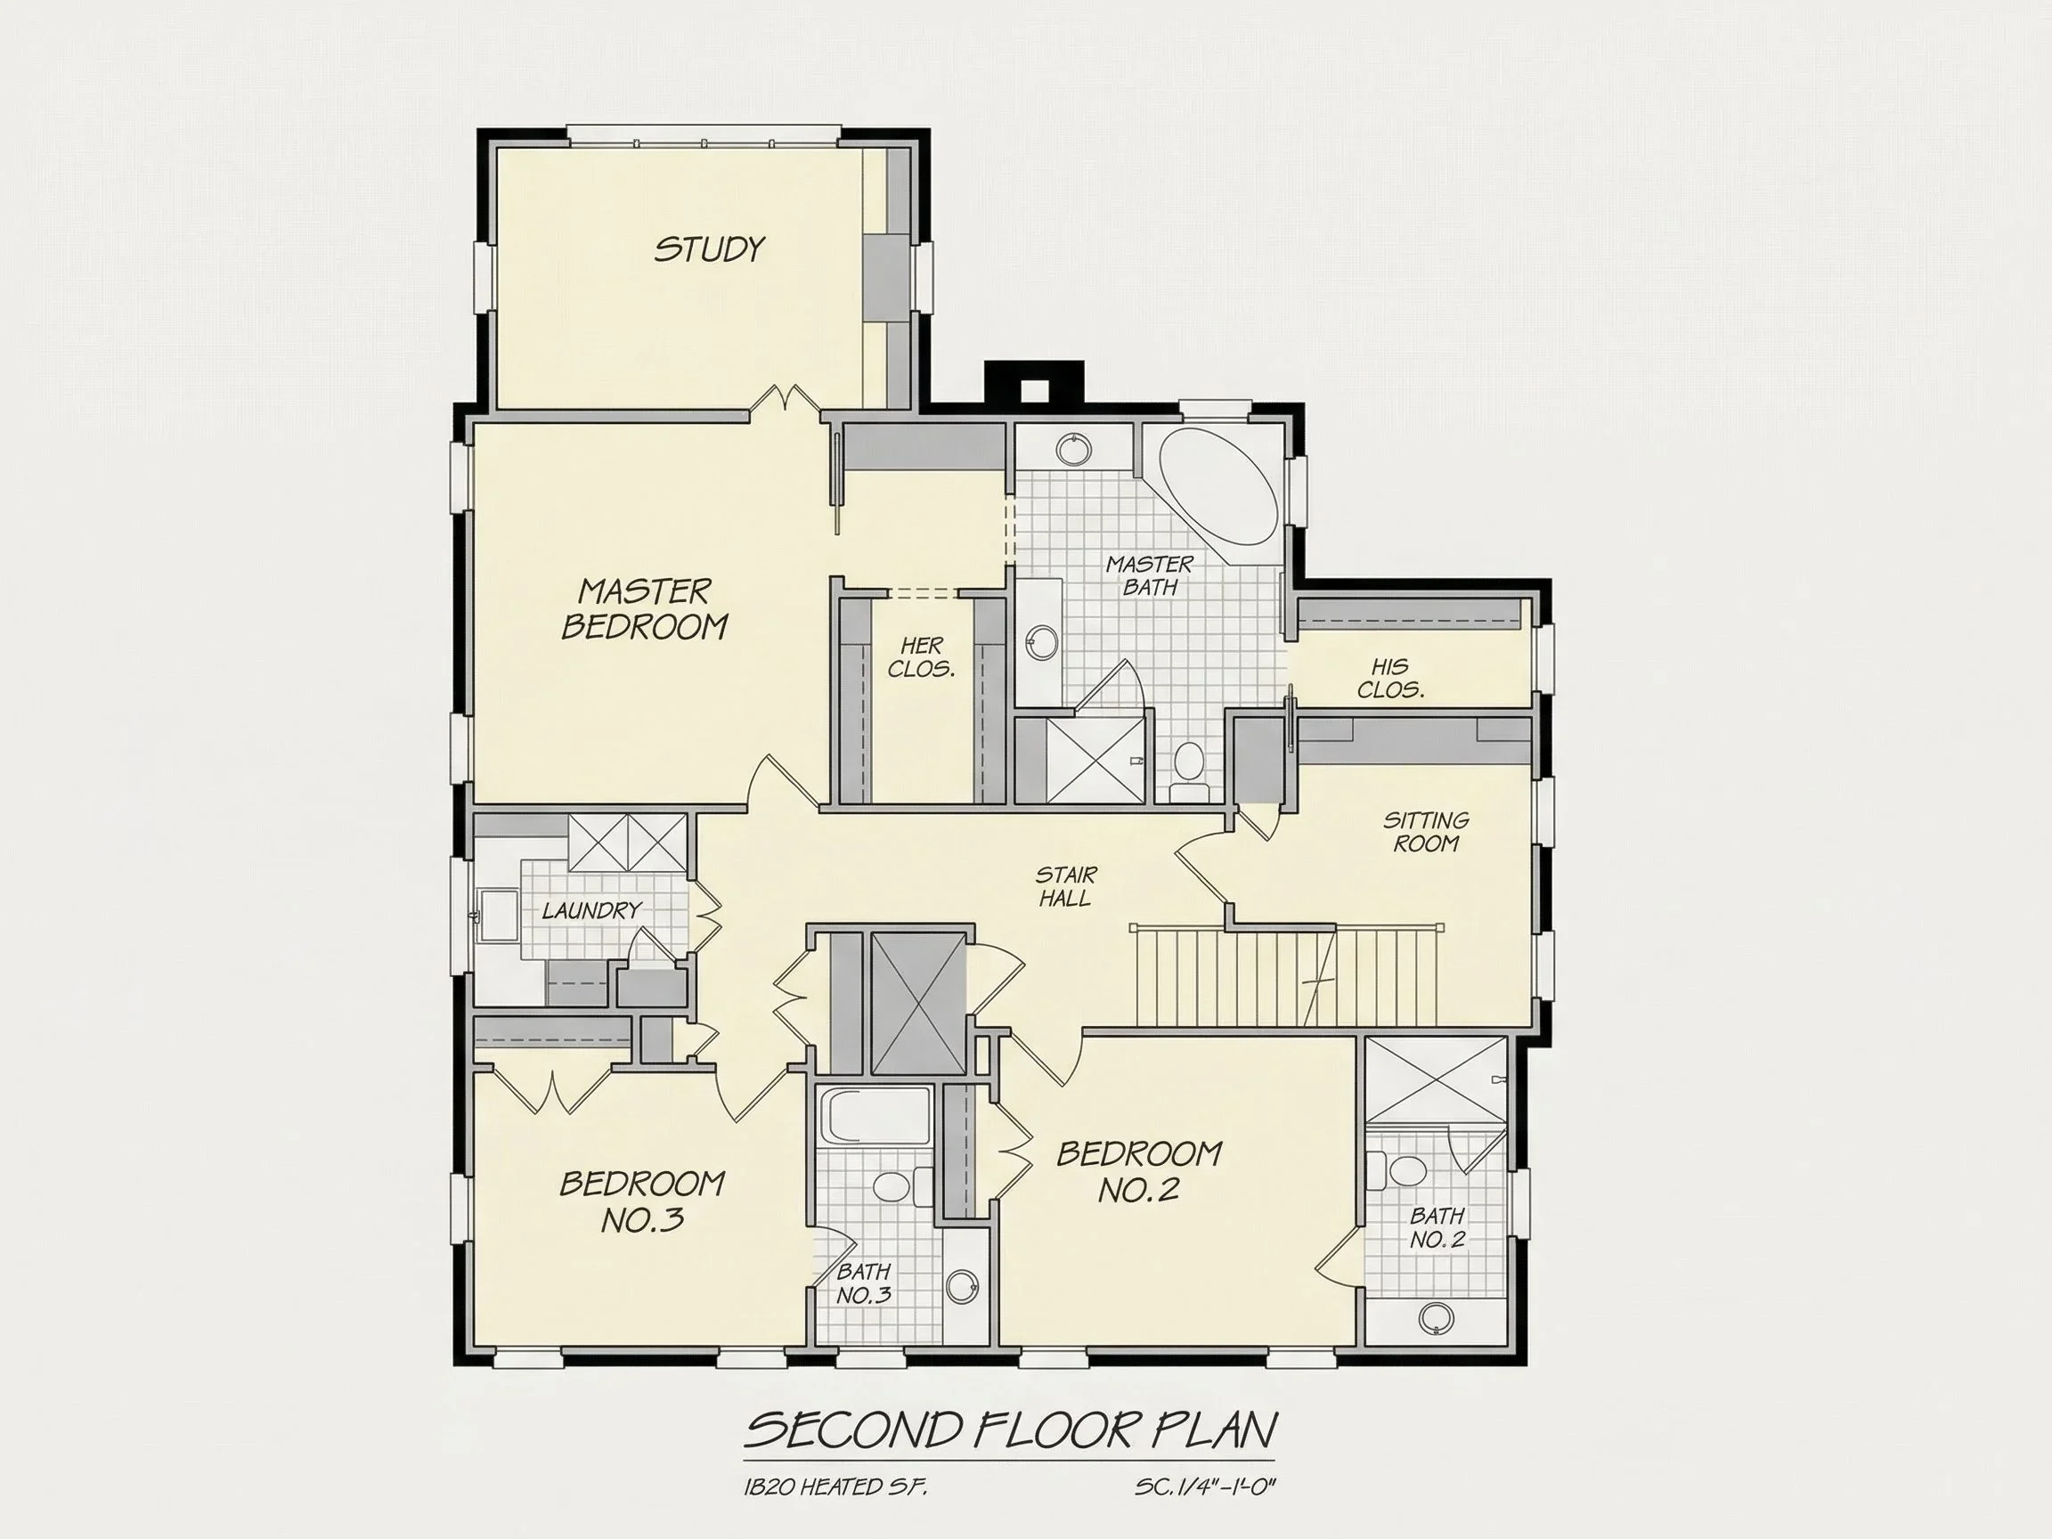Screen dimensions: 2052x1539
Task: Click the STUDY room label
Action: (x=710, y=248)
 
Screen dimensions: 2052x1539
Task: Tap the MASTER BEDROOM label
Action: (x=645, y=608)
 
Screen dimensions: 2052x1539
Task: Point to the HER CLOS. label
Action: (x=921, y=656)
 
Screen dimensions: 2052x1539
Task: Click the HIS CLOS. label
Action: (x=1390, y=678)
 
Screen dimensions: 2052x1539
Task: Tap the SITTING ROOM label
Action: (x=1426, y=831)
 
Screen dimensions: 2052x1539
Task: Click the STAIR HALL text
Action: (x=1066, y=886)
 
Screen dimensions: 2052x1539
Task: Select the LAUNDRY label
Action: (x=592, y=911)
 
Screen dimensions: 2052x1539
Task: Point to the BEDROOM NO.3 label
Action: (x=642, y=1201)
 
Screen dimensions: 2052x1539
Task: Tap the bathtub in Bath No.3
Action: (x=875, y=1117)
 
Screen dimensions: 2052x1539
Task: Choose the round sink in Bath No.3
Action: (x=962, y=1286)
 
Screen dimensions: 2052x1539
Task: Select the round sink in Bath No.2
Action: (x=1436, y=1317)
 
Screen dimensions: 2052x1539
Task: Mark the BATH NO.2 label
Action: (x=1437, y=1227)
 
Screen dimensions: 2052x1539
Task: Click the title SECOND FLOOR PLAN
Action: (x=1010, y=1430)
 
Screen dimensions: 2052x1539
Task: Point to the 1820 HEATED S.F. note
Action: (x=835, y=1488)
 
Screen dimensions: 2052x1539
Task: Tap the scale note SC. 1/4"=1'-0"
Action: (x=1206, y=1488)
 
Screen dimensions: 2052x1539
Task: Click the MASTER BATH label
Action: (x=1151, y=575)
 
